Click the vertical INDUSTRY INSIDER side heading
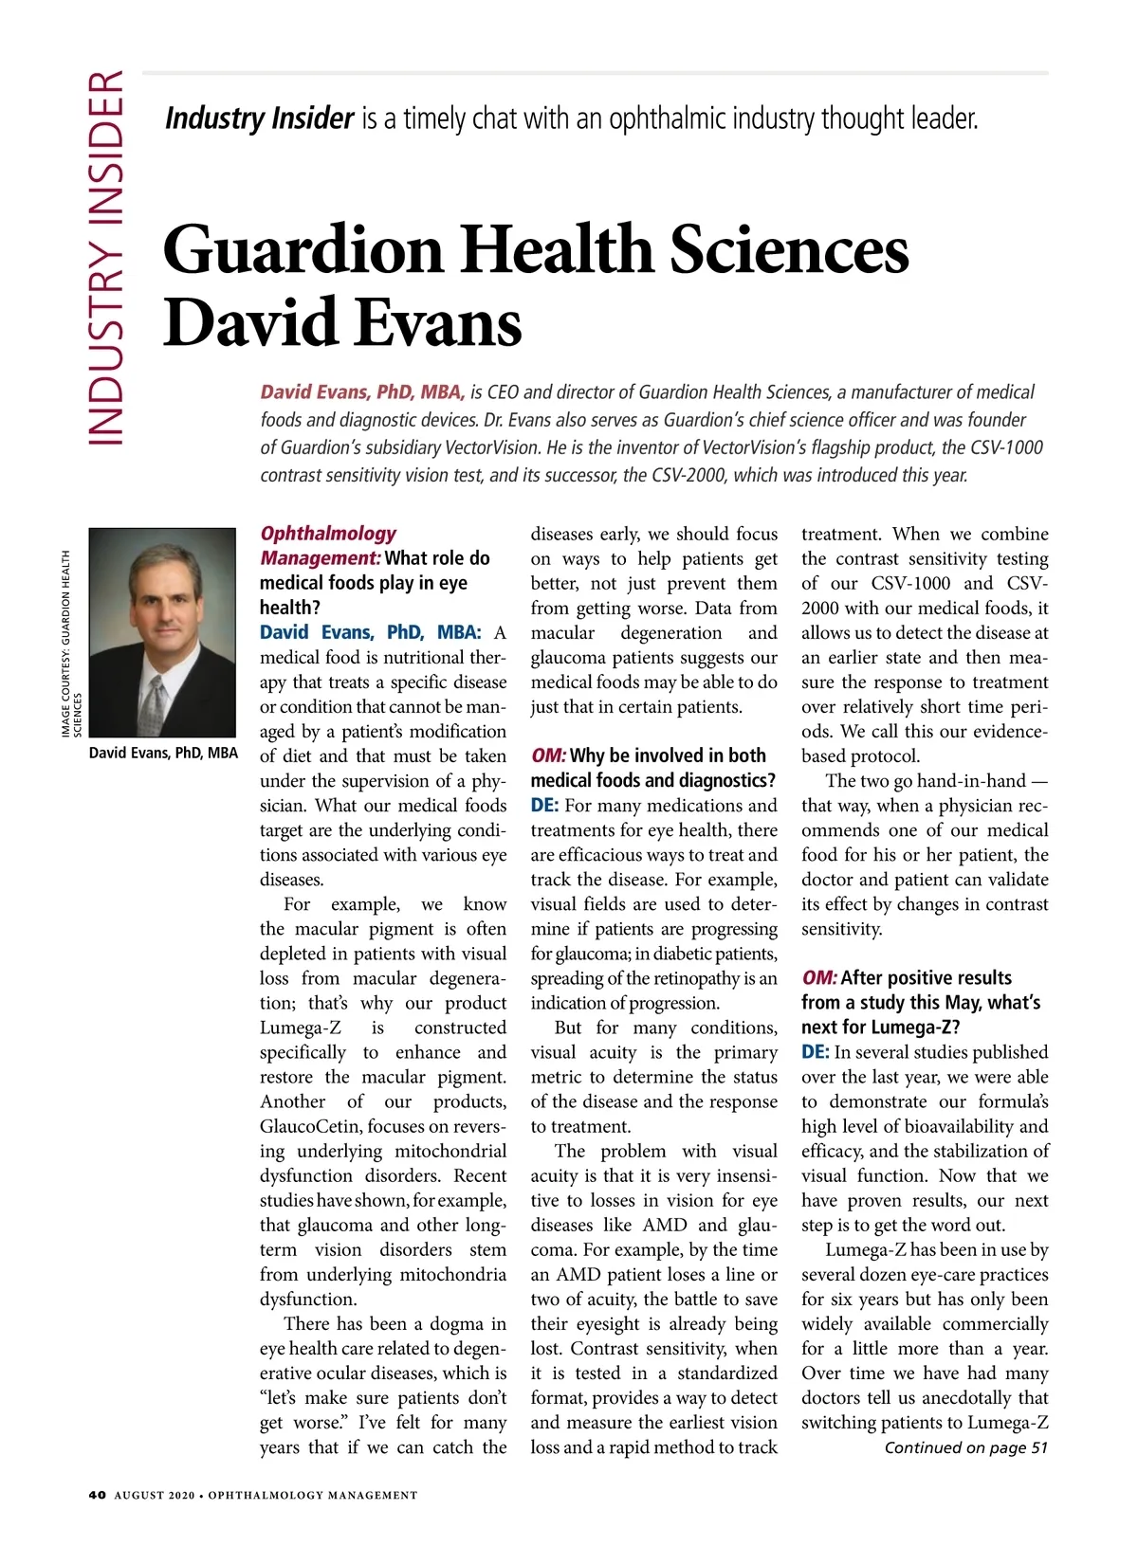coord(105,257)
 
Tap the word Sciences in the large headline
coord(789,250)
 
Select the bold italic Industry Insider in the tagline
coord(259,118)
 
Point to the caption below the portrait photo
coord(163,754)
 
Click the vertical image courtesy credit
coord(71,645)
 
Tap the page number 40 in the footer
coord(97,1495)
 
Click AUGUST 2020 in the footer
coord(155,1496)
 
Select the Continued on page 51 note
coord(965,1447)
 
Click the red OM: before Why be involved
coord(548,755)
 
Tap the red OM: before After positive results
coord(819,978)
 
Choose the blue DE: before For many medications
coord(544,806)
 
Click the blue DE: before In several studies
coord(815,1052)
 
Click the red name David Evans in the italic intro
coord(315,392)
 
